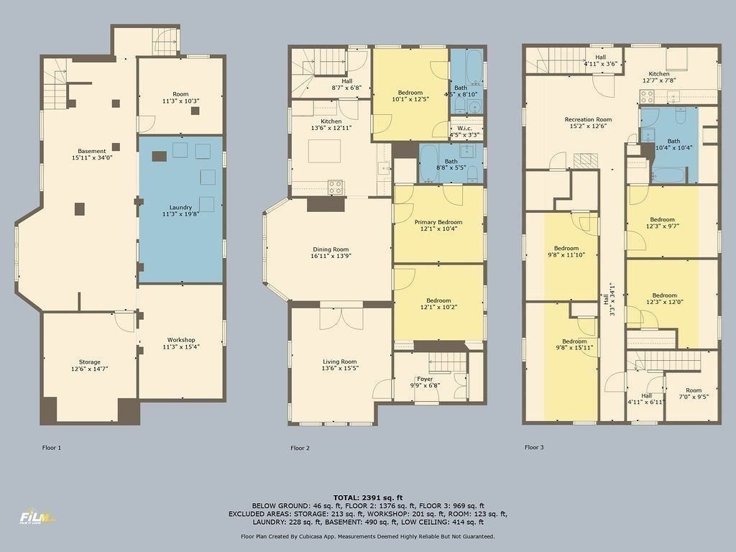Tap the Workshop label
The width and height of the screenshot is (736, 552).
click(181, 340)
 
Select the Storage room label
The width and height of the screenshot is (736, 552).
click(90, 362)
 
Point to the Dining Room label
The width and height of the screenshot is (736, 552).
click(331, 249)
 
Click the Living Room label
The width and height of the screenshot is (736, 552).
click(339, 362)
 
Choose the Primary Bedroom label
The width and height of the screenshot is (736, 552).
click(438, 222)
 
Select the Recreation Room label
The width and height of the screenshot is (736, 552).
click(588, 119)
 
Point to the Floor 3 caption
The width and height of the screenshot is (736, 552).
click(534, 447)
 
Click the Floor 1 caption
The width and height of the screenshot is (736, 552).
click(52, 448)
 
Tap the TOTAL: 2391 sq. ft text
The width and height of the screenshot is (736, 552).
click(368, 497)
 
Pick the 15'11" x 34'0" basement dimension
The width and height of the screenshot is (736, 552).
click(92, 157)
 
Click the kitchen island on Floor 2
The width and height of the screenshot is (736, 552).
click(323, 151)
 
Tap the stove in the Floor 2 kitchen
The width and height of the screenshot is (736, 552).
click(336, 187)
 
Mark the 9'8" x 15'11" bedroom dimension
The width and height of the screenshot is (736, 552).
click(574, 349)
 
